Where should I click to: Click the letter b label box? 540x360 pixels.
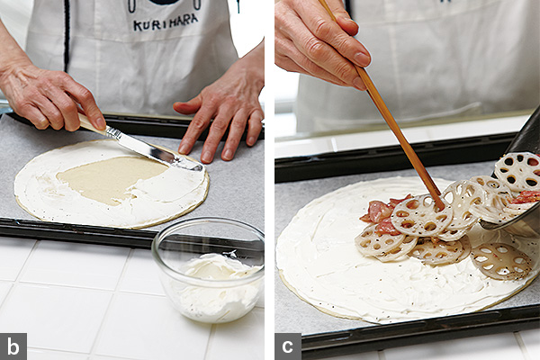13,346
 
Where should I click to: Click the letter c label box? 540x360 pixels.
288,346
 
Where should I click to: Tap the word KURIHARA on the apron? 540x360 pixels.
166,23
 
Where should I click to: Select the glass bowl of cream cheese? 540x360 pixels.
208,269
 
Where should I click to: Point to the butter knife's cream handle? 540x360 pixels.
91,125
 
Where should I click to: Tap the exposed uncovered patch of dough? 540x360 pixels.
111,178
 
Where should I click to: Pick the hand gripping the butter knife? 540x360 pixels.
49,96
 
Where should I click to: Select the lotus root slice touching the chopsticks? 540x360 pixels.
421,216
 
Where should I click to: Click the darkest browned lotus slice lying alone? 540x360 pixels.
501,261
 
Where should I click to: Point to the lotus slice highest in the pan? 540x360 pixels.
517,171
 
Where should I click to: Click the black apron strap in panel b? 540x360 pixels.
67,34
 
